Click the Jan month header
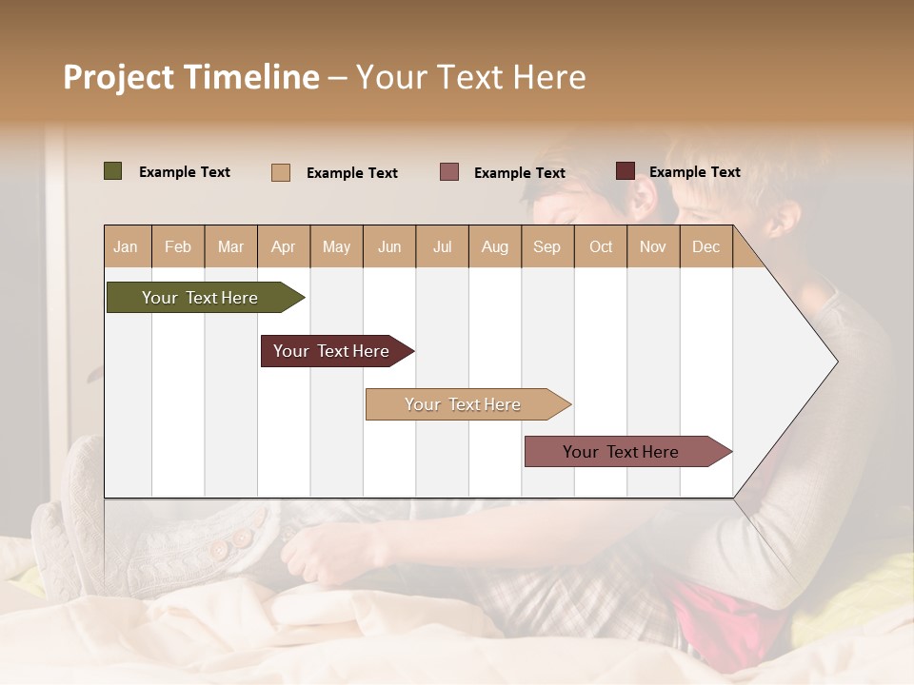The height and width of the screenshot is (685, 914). coord(126,246)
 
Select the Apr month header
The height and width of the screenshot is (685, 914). coord(283,246)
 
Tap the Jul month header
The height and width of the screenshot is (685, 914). coord(442,246)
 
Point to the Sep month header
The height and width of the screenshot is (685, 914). coord(546,246)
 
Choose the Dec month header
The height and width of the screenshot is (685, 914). coord(705,246)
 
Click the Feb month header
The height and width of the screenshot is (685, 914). coord(178,246)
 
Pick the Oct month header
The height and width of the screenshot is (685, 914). coord(601,246)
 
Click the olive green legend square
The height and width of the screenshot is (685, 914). coord(112,171)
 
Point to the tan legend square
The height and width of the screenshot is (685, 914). coord(280,172)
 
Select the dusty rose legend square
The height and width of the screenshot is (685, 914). coord(449,172)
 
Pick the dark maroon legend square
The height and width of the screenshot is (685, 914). coord(625,171)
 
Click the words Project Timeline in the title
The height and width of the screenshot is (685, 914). coord(191,77)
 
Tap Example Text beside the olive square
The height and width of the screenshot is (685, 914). coord(185,172)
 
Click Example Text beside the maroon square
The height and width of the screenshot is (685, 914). coord(695,172)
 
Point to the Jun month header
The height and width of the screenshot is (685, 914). coord(389,246)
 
